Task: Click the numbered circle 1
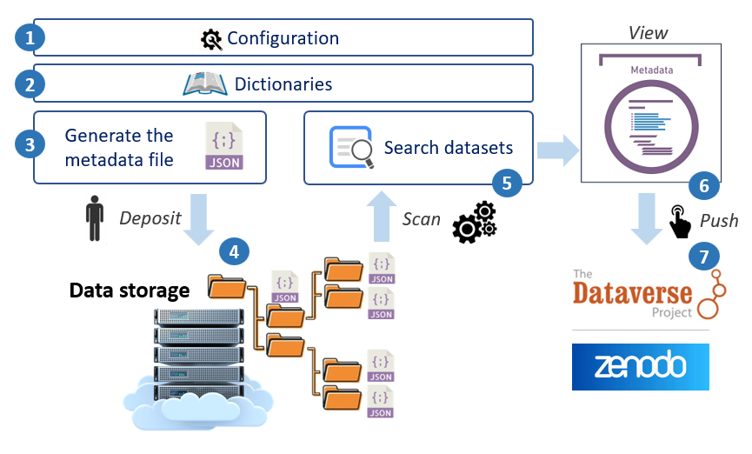tap(30, 38)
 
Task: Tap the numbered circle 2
tap(30, 84)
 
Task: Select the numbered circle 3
tap(30, 144)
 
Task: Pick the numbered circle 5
tap(504, 182)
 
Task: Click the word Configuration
tap(283, 38)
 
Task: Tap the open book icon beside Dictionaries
tap(204, 84)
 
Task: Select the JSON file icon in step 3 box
tap(223, 146)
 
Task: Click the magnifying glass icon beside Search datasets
tap(350, 147)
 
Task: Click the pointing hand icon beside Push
tap(680, 222)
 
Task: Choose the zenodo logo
tap(640, 366)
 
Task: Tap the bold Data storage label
tap(130, 290)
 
